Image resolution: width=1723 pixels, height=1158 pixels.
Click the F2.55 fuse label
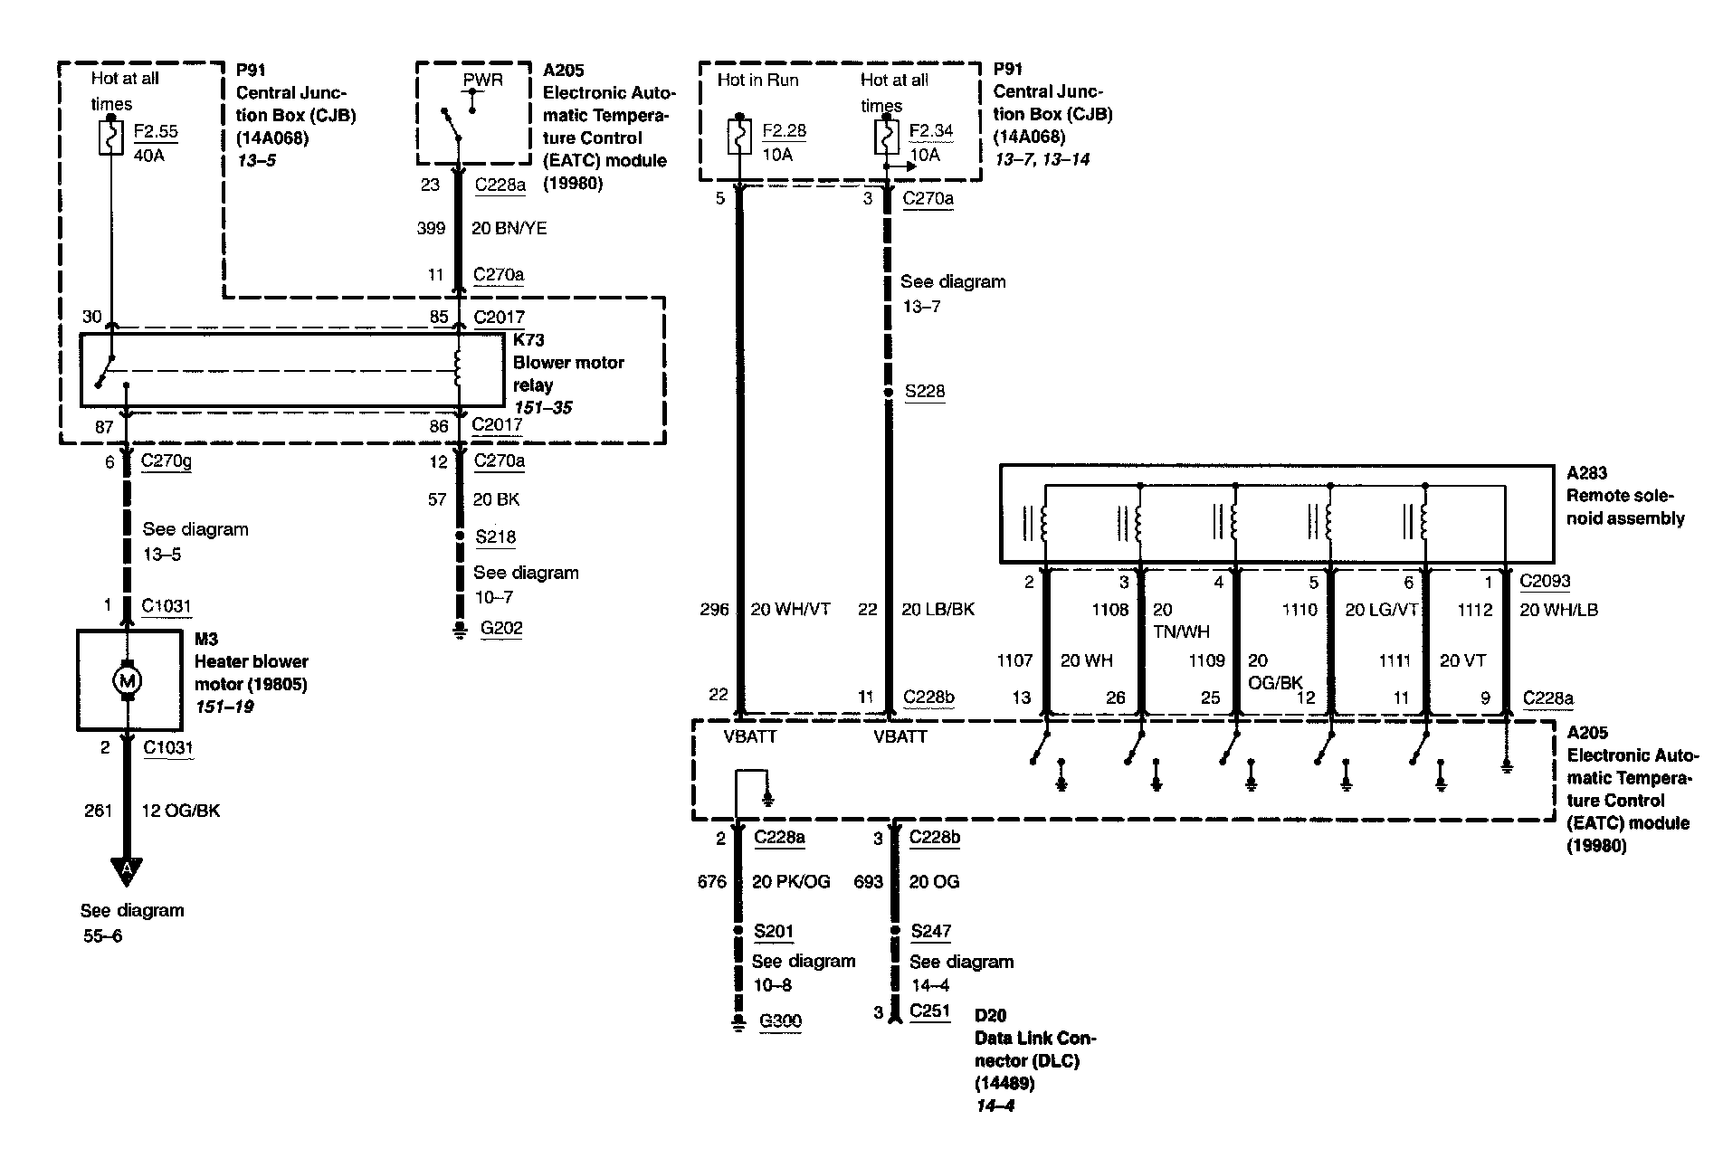[156, 131]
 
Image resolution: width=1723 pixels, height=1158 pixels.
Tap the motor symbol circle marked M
[127, 679]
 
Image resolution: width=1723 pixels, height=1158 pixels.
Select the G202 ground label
[501, 628]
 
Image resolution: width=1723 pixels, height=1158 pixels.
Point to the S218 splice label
[496, 536]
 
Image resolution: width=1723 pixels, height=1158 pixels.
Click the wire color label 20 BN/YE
[509, 229]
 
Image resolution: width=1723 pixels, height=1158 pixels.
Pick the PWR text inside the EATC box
[482, 80]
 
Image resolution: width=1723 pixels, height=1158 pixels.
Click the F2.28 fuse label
[784, 130]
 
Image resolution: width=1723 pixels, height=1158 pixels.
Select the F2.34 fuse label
[930, 130]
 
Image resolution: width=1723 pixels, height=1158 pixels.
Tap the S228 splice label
[925, 391]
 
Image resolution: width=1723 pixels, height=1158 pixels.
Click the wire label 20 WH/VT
[790, 610]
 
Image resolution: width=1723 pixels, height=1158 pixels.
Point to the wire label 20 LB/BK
[938, 610]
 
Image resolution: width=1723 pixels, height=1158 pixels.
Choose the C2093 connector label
[1545, 582]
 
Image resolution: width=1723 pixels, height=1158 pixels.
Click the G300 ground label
[780, 1021]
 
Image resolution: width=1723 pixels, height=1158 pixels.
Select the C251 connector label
[929, 1011]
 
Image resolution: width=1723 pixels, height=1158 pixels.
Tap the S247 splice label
[930, 931]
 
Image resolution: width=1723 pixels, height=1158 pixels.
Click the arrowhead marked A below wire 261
[127, 869]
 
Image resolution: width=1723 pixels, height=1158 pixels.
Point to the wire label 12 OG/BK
[180, 811]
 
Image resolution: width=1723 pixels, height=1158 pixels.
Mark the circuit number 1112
[1474, 610]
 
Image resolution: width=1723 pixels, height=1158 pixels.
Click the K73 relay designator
[528, 340]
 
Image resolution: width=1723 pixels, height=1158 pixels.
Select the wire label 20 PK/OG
[791, 881]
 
